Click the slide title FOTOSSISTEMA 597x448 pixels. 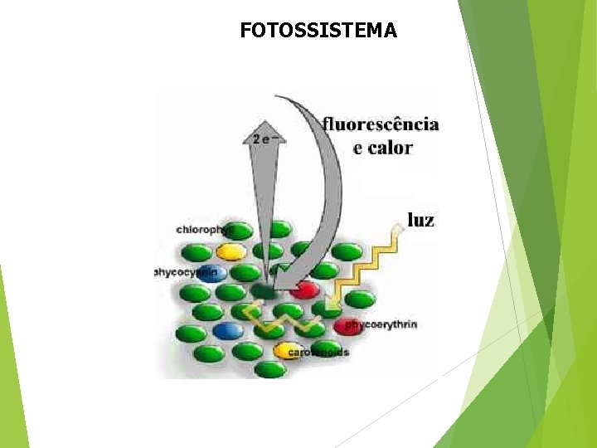318,31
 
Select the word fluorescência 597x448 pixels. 381,124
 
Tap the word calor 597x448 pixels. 392,149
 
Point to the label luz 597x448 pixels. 420,220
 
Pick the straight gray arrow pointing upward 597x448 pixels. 263,207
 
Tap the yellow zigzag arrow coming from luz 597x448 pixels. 365,265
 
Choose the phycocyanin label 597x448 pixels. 186,271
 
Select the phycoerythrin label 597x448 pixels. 381,324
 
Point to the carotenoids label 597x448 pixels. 318,353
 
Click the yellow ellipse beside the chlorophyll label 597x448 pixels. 231,251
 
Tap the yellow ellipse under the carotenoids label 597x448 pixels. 288,350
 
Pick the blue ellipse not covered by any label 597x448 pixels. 227,330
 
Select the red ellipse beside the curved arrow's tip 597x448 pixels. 304,290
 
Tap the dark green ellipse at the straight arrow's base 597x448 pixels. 265,290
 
